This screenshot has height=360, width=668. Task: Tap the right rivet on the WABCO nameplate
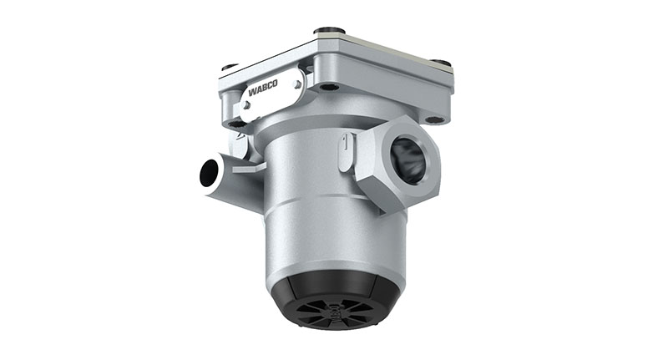pos(295,82)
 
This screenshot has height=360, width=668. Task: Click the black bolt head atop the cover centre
pos(330,31)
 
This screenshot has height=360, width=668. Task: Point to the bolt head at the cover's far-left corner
pos(230,66)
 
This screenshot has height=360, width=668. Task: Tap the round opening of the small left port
pos(209,173)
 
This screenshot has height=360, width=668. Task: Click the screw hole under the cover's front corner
pos(328,85)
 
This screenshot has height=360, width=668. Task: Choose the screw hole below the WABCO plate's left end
pos(236,124)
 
